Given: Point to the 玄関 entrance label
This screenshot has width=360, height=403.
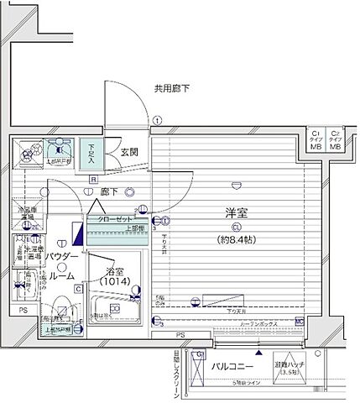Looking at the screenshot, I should pyautogui.click(x=129, y=152).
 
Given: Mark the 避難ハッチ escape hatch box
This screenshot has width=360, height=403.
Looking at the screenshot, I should pyautogui.click(x=292, y=366).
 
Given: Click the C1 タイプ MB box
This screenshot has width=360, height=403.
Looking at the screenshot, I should pyautogui.click(x=316, y=140).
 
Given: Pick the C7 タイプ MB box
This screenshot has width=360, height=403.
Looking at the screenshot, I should pyautogui.click(x=336, y=140).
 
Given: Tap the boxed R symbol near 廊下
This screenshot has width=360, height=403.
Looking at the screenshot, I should pyautogui.click(x=94, y=179).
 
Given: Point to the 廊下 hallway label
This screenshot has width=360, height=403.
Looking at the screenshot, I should pyautogui.click(x=108, y=191).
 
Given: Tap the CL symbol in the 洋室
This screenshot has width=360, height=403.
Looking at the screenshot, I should pyautogui.click(x=237, y=228).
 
